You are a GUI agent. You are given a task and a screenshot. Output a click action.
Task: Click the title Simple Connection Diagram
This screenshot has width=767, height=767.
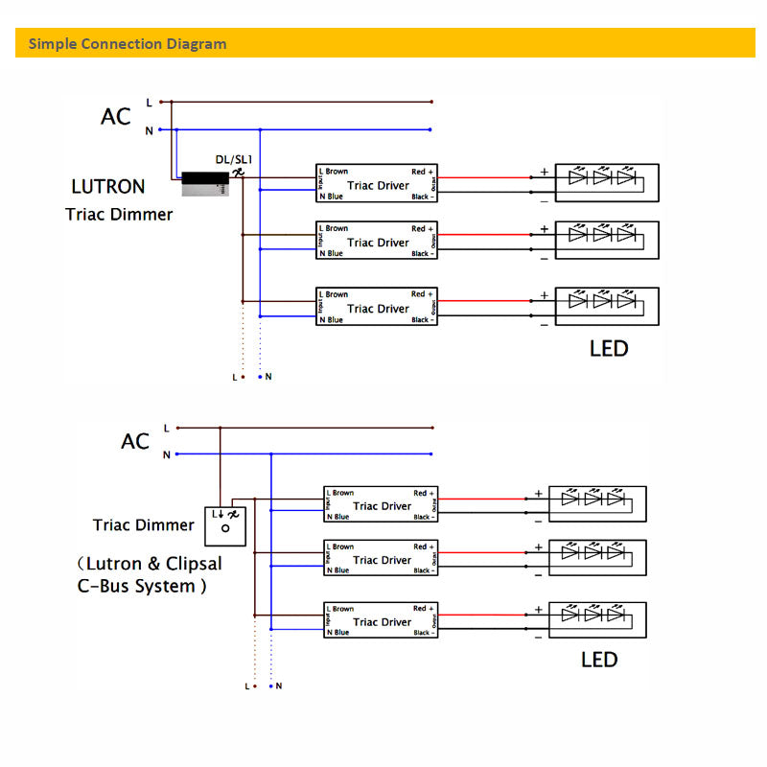[128, 43]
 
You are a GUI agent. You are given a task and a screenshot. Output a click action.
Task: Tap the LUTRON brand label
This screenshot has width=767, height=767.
[108, 187]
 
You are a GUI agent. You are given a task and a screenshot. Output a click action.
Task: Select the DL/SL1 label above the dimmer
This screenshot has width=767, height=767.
[233, 158]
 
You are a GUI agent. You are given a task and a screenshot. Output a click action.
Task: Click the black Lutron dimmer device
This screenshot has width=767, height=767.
[204, 179]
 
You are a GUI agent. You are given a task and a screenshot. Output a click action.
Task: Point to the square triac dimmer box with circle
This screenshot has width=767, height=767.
[225, 525]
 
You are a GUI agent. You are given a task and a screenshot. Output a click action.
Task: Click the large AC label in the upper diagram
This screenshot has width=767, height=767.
[116, 117]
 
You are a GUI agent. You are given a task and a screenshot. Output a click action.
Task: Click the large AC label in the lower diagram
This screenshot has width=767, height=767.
[135, 441]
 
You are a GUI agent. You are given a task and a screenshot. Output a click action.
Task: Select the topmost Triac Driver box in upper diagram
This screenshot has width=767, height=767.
[377, 184]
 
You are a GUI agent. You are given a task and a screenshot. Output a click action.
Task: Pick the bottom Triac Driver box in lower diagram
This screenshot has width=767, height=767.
[381, 620]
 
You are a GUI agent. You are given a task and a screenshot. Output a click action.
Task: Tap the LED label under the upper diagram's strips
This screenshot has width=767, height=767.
[609, 348]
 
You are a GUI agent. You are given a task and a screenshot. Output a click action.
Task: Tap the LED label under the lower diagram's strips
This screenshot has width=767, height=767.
[599, 660]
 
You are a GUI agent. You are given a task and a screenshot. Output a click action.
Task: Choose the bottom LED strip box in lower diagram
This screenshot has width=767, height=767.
[597, 620]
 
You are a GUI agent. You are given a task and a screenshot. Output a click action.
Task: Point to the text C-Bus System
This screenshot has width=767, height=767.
[141, 586]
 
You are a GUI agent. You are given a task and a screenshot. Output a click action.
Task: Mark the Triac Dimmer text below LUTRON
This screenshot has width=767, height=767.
[119, 214]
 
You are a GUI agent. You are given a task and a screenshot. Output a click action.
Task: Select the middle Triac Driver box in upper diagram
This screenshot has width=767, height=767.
[377, 242]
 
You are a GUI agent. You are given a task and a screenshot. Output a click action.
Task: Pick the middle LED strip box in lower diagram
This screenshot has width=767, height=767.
[597, 558]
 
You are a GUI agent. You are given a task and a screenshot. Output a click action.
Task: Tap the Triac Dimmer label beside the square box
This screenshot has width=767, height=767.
[143, 525]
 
